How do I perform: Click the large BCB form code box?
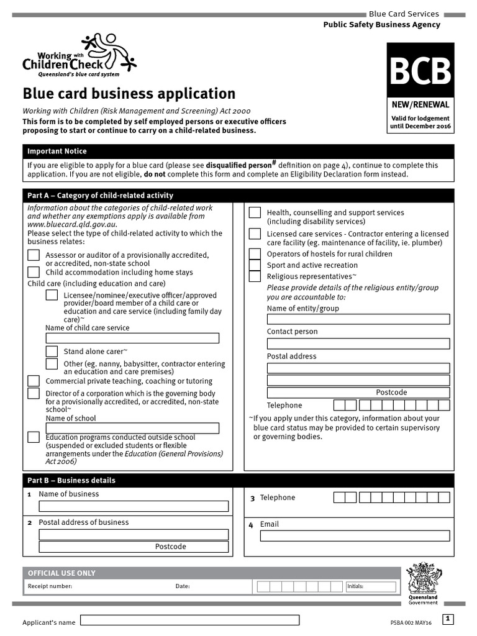pyautogui.click(x=420, y=71)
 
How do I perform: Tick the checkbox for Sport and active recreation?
pyautogui.click(x=255, y=265)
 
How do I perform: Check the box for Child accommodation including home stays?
pyautogui.click(x=34, y=272)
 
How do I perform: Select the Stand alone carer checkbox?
pyautogui.click(x=52, y=352)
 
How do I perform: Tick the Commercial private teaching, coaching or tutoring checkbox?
pyautogui.click(x=34, y=381)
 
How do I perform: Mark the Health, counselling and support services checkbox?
pyautogui.click(x=255, y=213)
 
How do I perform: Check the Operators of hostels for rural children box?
pyautogui.click(x=255, y=254)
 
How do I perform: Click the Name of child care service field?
pyautogui.click(x=132, y=338)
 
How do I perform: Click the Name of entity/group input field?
pyautogui.click(x=358, y=319)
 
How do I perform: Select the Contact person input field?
pyautogui.click(x=358, y=343)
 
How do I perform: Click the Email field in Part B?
pyautogui.click(x=355, y=536)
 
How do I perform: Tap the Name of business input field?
pyautogui.click(x=134, y=506)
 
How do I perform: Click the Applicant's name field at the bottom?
pyautogui.click(x=190, y=620)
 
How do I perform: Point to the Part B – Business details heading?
pyautogui.click(x=71, y=480)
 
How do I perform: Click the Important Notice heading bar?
pyautogui.click(x=238, y=151)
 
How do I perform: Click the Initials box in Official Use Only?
pyautogui.click(x=370, y=586)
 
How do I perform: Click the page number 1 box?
pyautogui.click(x=448, y=619)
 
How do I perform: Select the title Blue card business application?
pyautogui.click(x=129, y=94)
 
